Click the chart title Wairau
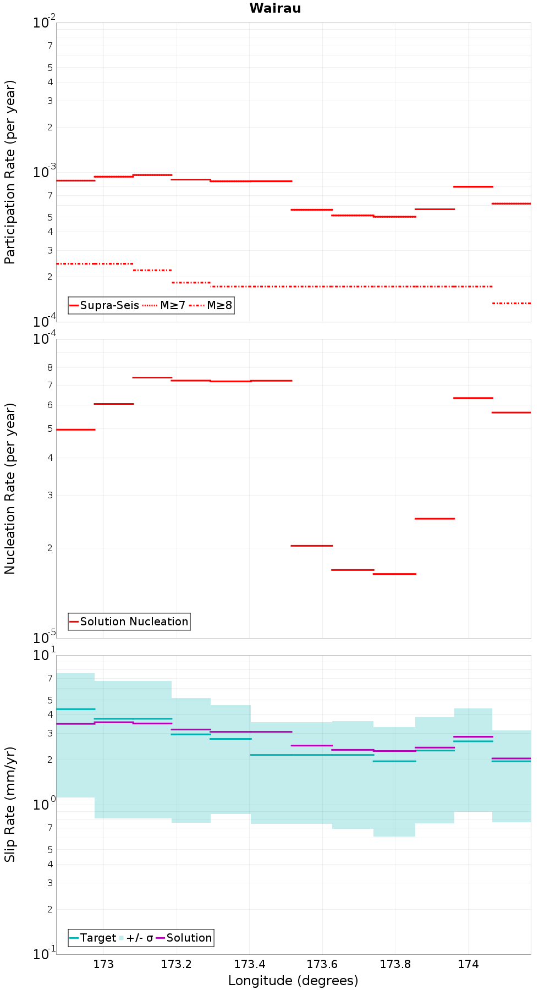coord(275,8)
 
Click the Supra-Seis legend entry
coord(104,305)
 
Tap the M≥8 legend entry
coord(211,305)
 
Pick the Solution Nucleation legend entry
coord(129,621)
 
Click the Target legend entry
coord(93,938)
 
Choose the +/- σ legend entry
coord(136,938)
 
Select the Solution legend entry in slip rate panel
coord(184,938)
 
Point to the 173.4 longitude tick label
coord(250,964)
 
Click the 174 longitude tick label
coord(468,964)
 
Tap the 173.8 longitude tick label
coord(395,964)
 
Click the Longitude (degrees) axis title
coord(293,981)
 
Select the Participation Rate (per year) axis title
coord(10,172)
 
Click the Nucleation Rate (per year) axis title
coord(10,489)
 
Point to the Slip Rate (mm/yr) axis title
coord(10,804)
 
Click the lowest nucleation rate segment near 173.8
coord(394,574)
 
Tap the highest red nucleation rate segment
coord(152,377)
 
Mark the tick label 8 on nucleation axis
coord(50,367)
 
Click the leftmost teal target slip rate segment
coord(75,709)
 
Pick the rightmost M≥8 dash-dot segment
coord(512,303)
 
